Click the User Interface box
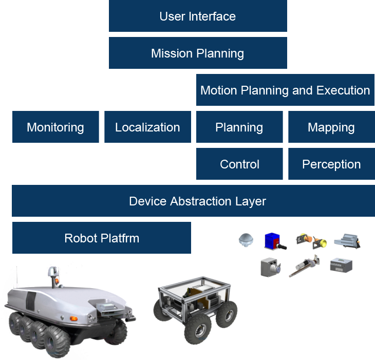coord(197,16)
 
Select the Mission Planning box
coord(197,53)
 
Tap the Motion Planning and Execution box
coord(285,90)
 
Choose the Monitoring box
coord(55,127)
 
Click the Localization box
coord(147,127)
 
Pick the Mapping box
coord(331,127)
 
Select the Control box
coord(239,164)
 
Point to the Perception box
coord(331,164)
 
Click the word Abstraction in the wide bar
coord(198,201)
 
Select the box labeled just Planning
coord(239,127)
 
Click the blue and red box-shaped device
coord(273,241)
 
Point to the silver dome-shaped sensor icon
coord(246,240)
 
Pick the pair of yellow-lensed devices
coord(312,240)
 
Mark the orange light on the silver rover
coord(74,318)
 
